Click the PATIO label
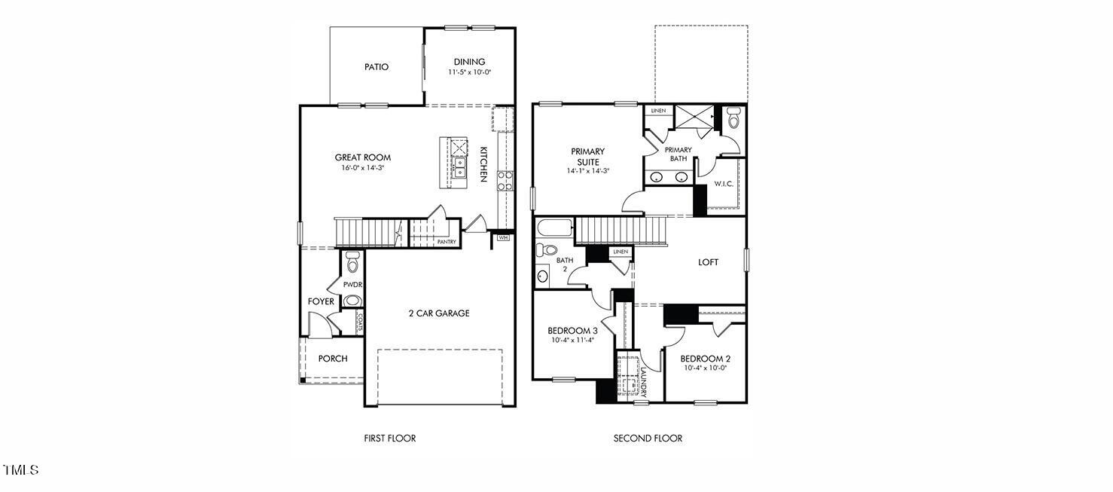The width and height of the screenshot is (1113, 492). pos(377,67)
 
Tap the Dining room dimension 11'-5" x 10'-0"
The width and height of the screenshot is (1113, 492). pos(468,73)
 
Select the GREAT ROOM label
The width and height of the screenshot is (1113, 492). pos(363,157)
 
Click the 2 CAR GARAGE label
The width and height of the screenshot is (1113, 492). pos(439,313)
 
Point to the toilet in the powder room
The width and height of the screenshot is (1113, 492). pos(352,264)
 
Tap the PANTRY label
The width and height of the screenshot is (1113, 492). pos(447,242)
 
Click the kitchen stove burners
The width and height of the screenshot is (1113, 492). pos(505,179)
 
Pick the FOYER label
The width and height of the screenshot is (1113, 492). pos(321,301)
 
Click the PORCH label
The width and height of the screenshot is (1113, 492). pos(332,359)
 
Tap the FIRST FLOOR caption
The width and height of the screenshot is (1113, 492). pos(389,439)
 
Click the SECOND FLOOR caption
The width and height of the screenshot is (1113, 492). pos(648,439)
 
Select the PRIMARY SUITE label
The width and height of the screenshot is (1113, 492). pos(587,157)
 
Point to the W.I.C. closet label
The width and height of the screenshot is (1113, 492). pos(724,184)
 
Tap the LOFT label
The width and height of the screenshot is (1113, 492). pos(708,262)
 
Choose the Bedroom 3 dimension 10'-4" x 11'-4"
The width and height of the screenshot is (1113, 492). pos(572,341)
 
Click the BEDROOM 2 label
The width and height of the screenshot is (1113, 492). pos(706,359)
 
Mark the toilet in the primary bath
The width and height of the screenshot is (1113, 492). pos(733,119)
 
